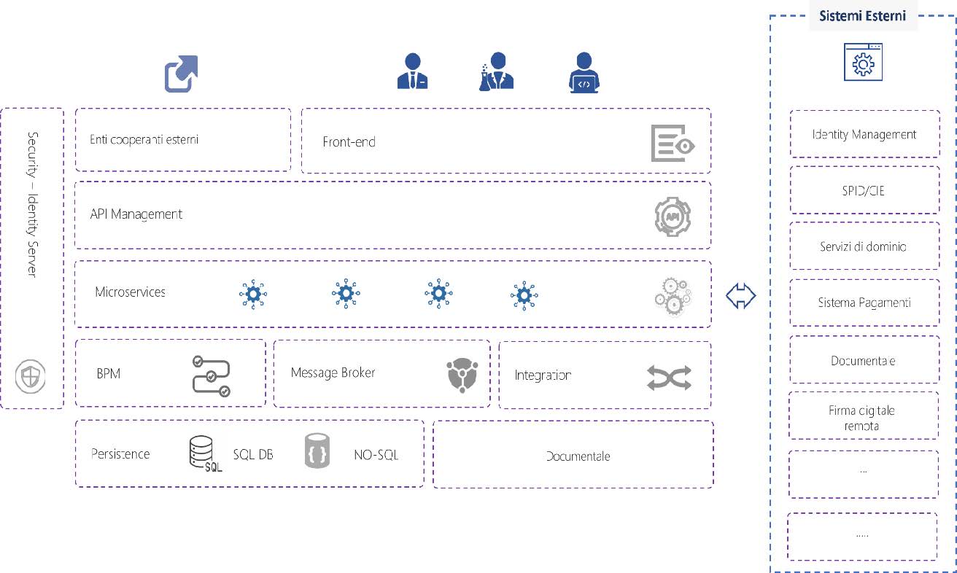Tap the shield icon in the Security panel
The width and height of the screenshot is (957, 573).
click(31, 378)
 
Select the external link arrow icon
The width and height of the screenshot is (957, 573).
click(181, 74)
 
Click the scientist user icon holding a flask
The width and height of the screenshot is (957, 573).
click(497, 71)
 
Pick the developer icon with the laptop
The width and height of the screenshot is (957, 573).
click(584, 72)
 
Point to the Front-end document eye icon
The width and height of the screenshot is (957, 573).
click(673, 143)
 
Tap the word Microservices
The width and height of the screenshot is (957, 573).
click(130, 292)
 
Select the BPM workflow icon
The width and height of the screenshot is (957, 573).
click(211, 376)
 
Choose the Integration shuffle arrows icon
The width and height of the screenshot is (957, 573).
click(668, 378)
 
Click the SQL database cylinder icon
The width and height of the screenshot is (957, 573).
click(201, 454)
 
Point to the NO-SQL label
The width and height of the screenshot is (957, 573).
click(376, 455)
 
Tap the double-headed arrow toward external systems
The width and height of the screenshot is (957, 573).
click(740, 295)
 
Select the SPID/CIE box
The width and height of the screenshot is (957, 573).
click(864, 190)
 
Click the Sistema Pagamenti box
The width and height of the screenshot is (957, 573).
click(864, 303)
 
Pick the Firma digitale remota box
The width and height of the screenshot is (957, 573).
click(864, 418)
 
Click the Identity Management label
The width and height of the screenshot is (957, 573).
click(864, 134)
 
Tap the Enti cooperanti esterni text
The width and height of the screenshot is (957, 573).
click(144, 139)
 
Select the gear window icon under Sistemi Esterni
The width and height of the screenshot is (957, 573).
click(863, 62)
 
